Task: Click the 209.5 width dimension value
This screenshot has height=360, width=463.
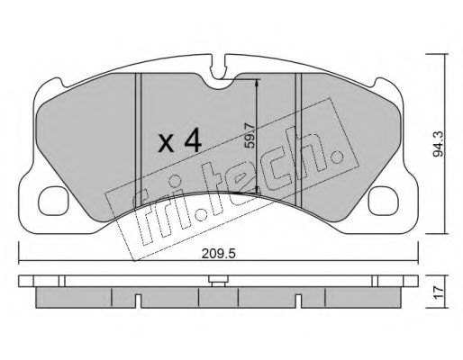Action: point(218,254)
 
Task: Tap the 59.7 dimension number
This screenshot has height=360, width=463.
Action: point(250,137)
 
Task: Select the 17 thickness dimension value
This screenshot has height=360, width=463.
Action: point(439,292)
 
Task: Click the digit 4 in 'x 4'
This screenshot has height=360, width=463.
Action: point(193,139)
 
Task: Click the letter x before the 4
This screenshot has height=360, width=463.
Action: point(166,143)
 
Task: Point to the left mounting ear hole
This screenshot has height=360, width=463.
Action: point(53,201)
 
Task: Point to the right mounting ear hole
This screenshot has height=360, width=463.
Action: point(384,201)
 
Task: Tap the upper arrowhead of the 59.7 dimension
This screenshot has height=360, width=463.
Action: point(257,83)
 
